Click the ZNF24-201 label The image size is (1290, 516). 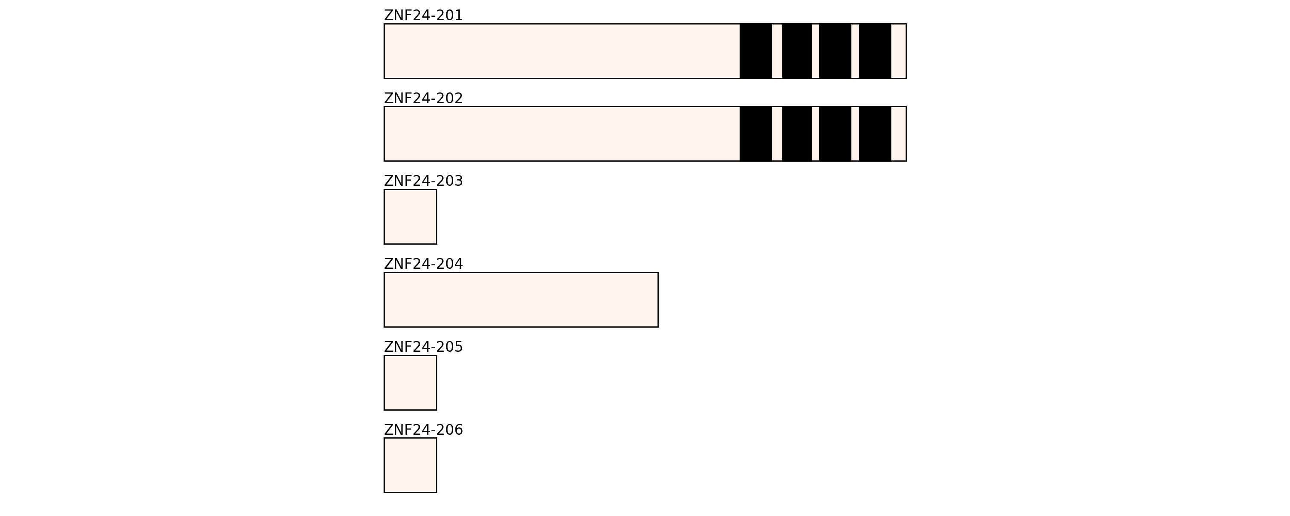[x=423, y=15]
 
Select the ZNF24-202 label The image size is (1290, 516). [x=423, y=99]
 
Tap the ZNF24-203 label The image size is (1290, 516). [x=423, y=181]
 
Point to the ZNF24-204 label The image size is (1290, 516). [x=423, y=264]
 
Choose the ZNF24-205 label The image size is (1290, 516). [x=423, y=347]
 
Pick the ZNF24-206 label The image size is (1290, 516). [x=423, y=430]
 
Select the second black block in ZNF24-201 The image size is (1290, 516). [x=797, y=51]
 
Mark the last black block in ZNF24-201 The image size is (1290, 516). [x=875, y=51]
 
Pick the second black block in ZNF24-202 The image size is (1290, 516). [x=797, y=134]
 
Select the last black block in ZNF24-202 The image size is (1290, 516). [x=875, y=134]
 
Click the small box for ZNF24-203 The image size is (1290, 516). [x=410, y=217]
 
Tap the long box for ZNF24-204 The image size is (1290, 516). [x=521, y=300]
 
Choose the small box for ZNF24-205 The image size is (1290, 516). [x=410, y=383]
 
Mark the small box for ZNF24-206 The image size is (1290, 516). [x=410, y=465]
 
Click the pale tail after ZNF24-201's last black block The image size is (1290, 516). [x=898, y=51]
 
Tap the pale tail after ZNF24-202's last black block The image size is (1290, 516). [x=898, y=134]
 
